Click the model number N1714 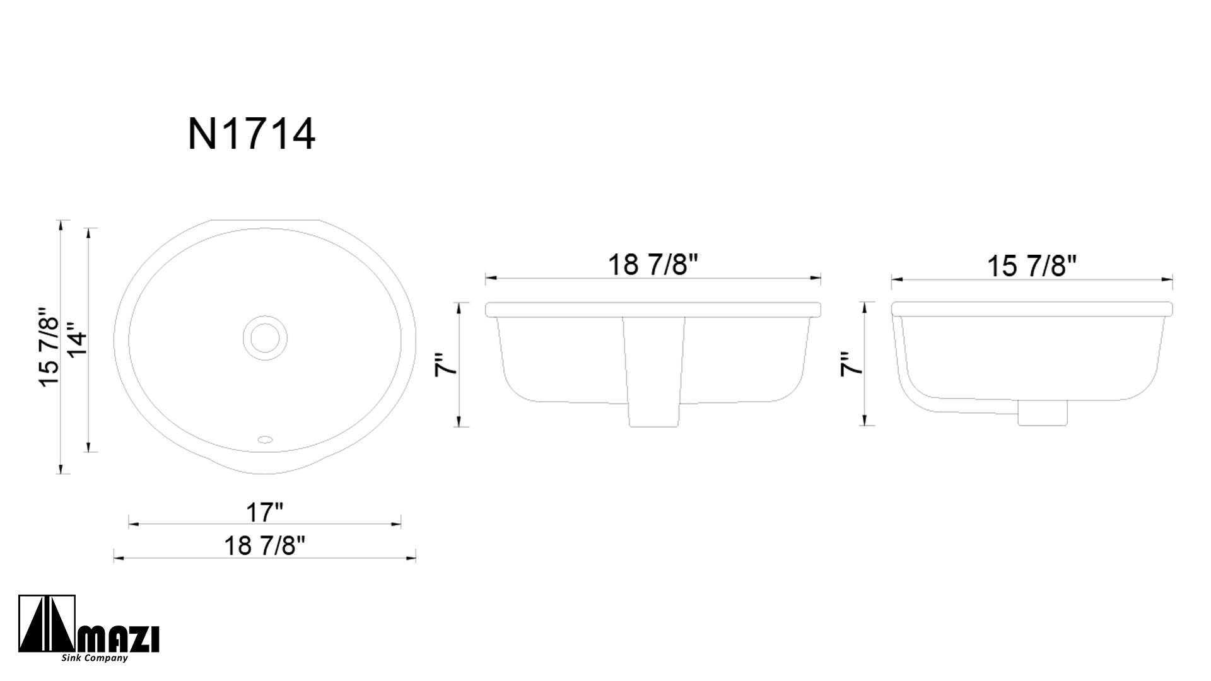click(252, 134)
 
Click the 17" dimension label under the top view click(264, 513)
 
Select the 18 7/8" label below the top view click(264, 545)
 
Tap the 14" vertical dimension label click(77, 340)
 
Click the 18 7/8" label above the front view click(653, 265)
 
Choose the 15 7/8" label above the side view click(1031, 266)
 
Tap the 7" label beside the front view click(446, 364)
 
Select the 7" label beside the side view click(851, 364)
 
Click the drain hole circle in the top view click(265, 338)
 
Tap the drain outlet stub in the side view click(1043, 413)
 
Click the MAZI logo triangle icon click(47, 625)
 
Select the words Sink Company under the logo click(95, 658)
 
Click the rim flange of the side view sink click(1031, 309)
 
